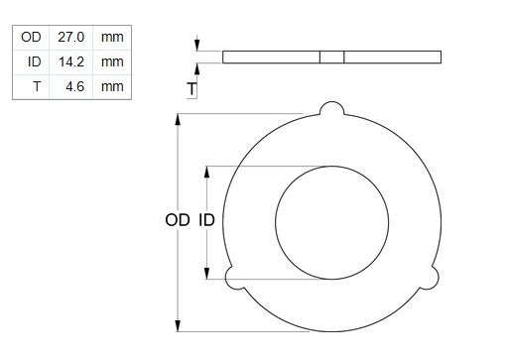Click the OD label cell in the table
[31, 37]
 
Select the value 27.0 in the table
[71, 37]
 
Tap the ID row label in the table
[35, 61]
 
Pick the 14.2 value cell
[71, 61]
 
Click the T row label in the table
[37, 86]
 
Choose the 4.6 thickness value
[74, 86]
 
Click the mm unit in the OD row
[112, 38]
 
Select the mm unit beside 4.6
[112, 87]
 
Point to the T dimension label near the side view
[191, 89]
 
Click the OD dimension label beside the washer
[178, 220]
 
